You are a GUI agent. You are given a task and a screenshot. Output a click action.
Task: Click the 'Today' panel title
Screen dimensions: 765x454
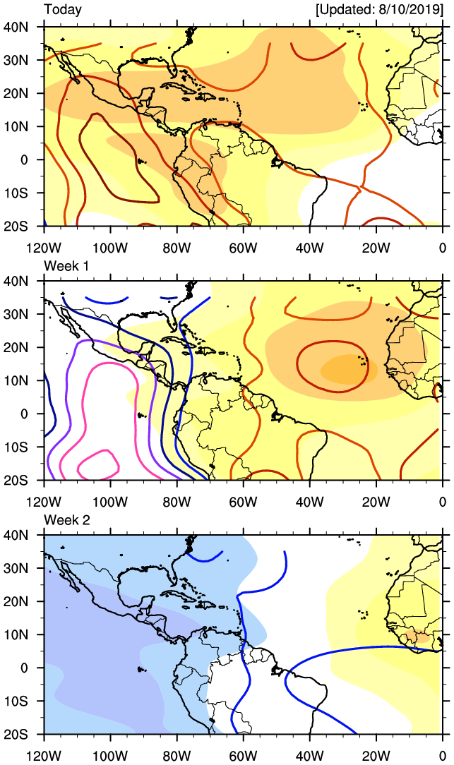click(x=63, y=10)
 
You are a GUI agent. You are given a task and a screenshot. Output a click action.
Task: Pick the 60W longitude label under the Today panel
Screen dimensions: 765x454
click(x=244, y=247)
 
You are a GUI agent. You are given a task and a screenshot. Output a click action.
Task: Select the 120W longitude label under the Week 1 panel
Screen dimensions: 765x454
click(x=44, y=502)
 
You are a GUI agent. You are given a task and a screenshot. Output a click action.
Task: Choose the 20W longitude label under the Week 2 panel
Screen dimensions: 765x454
click(x=376, y=757)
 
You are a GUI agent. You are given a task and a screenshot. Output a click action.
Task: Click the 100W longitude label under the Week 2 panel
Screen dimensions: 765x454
click(x=111, y=757)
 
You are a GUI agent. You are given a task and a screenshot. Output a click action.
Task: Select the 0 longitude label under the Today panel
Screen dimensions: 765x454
click(x=443, y=247)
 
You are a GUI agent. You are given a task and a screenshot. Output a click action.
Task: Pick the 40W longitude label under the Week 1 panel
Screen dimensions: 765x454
click(x=310, y=502)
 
